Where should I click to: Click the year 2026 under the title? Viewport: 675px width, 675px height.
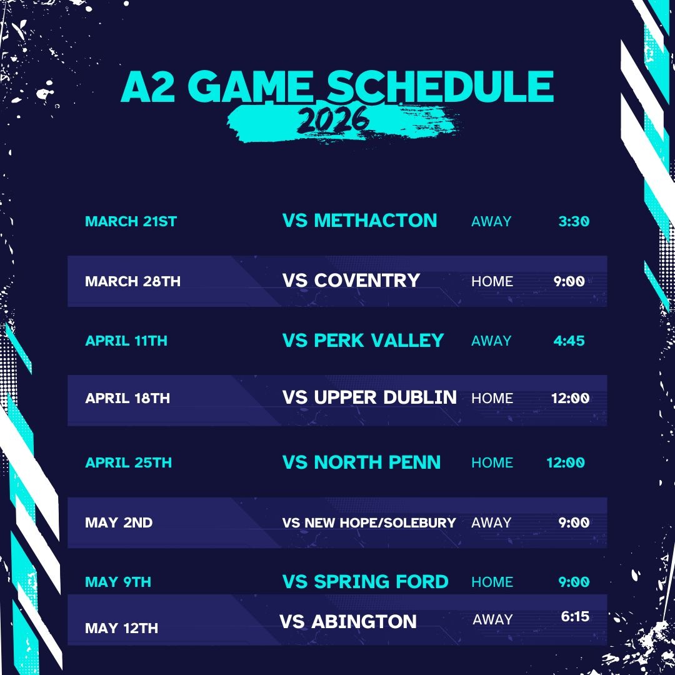click(x=332, y=119)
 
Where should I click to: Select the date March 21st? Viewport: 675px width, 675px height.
click(x=131, y=221)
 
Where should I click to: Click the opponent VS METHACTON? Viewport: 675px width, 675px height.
click(x=359, y=221)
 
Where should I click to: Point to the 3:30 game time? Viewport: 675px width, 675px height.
click(x=574, y=221)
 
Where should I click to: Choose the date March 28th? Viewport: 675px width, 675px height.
click(x=132, y=281)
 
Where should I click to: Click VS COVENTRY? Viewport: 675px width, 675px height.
click(x=351, y=280)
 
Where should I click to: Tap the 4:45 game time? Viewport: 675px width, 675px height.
click(x=569, y=341)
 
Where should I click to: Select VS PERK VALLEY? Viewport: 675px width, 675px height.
click(x=363, y=340)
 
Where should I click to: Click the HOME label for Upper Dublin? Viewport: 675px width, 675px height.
click(x=492, y=398)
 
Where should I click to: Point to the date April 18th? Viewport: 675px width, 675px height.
click(x=127, y=397)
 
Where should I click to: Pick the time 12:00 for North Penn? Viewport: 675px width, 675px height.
click(x=566, y=462)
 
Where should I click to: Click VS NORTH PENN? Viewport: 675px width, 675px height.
click(x=361, y=462)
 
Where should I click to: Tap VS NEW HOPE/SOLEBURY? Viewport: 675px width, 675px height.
click(x=369, y=522)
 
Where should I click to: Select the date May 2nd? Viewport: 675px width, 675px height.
click(x=119, y=522)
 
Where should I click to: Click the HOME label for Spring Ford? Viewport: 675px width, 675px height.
click(x=492, y=582)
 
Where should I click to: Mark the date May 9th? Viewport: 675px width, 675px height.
click(x=118, y=582)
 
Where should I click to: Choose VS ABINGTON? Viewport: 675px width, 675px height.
click(x=348, y=621)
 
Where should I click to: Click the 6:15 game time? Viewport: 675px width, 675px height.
click(x=575, y=616)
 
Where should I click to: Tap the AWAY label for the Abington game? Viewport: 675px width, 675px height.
click(x=492, y=619)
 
